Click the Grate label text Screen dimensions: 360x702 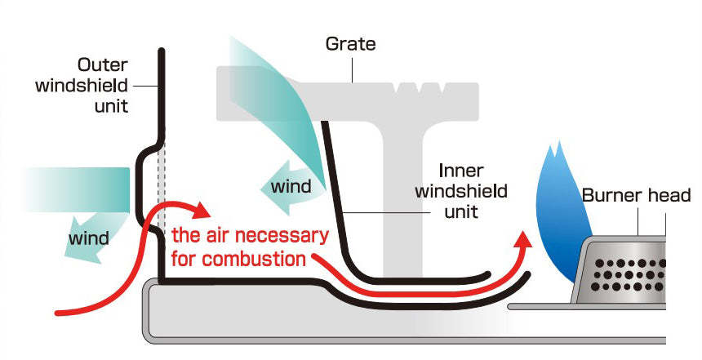(350, 43)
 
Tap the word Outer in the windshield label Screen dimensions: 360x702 (101, 64)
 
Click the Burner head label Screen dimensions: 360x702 (637, 196)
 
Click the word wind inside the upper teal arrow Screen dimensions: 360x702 (291, 186)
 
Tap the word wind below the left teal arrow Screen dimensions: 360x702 (88, 240)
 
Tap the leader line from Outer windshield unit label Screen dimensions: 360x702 (144, 85)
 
